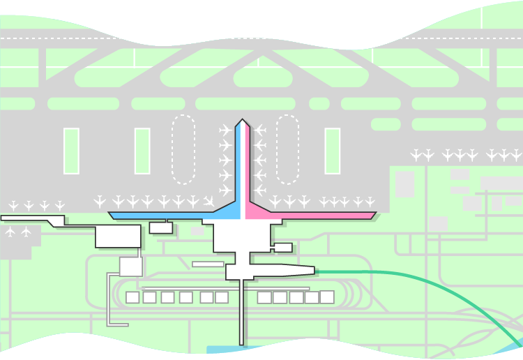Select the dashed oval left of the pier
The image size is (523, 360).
pyautogui.click(x=183, y=149)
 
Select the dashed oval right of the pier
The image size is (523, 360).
pyautogui.click(x=287, y=149)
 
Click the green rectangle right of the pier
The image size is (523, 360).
pyautogui.click(x=333, y=151)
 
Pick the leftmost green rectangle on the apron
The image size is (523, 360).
pyautogui.click(x=71, y=151)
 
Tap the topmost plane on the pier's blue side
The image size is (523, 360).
pyautogui.click(x=225, y=130)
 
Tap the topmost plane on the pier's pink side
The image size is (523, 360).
pyautogui.click(x=260, y=130)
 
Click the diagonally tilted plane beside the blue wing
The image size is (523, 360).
pyautogui.click(x=209, y=202)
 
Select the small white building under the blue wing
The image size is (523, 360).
pyautogui.click(x=160, y=227)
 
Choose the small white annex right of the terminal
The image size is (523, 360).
pyautogui.click(x=283, y=247)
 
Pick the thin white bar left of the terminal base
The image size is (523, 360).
pyautogui.click(x=208, y=264)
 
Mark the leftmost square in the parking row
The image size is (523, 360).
pyautogui.click(x=132, y=297)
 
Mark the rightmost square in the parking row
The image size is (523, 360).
pyautogui.click(x=326, y=297)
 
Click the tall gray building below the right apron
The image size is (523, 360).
pyautogui.click(x=405, y=183)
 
